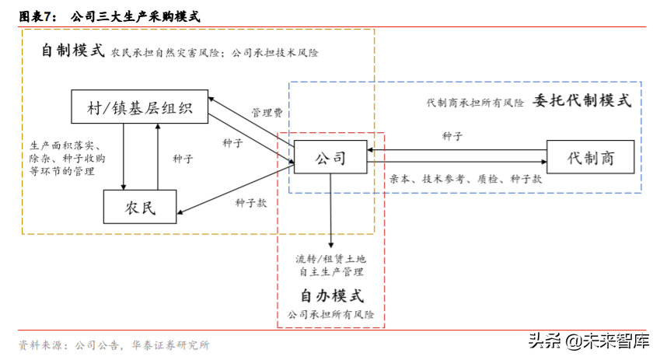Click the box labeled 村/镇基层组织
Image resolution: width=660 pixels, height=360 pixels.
click(140, 107)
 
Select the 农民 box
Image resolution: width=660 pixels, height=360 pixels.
click(140, 207)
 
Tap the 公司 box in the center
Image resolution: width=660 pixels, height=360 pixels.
click(330, 159)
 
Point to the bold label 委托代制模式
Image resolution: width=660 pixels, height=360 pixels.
click(582, 101)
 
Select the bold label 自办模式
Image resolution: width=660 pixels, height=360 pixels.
click(331, 296)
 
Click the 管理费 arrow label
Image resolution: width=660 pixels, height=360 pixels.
click(267, 113)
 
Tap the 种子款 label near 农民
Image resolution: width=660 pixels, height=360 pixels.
click(251, 203)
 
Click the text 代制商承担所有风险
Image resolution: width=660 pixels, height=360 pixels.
click(475, 103)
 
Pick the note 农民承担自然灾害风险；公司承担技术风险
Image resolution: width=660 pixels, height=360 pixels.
click(215, 53)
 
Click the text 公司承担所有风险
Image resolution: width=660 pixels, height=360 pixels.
click(330, 315)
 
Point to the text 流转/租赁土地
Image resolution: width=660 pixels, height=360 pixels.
click(330, 258)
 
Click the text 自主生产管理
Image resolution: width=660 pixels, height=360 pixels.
click(331, 272)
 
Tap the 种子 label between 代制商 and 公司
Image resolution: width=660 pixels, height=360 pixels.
click(453, 136)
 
